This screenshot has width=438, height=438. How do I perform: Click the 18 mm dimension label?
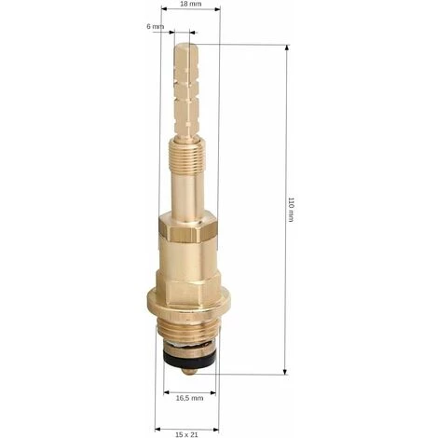191,4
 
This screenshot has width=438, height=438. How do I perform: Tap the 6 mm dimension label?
155,27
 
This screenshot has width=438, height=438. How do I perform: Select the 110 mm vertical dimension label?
291,209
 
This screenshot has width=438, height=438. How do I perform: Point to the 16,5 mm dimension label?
189,398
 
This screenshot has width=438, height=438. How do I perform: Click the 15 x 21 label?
186,434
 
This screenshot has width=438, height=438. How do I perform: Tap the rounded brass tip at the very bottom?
189,370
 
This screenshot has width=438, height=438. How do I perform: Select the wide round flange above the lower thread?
189,301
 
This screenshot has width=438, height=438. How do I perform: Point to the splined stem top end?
185,47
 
